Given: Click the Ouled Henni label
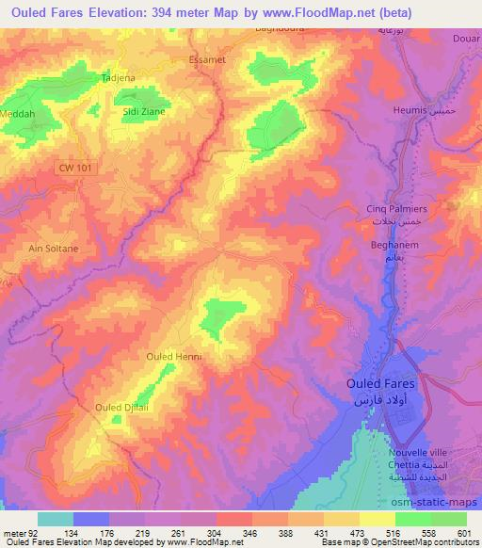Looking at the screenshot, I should (174, 357).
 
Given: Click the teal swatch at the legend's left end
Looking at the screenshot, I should (55, 519).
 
